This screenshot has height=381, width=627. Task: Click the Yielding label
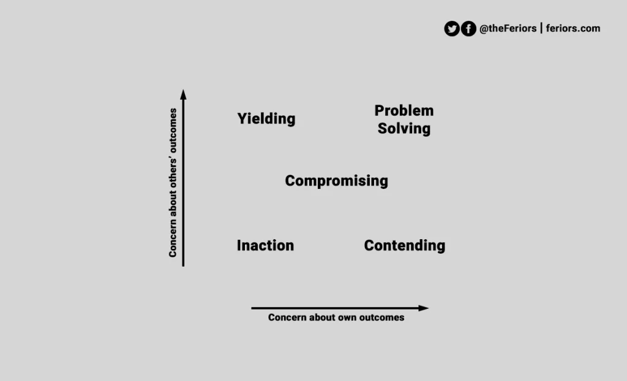click(x=266, y=119)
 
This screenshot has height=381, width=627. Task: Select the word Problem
click(x=404, y=111)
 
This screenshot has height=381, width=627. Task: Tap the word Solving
click(x=404, y=128)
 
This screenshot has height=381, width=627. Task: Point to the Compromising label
click(x=336, y=181)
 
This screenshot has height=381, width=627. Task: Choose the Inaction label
click(x=265, y=245)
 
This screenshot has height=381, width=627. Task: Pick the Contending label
click(x=404, y=245)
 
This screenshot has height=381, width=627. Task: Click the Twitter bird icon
click(x=452, y=29)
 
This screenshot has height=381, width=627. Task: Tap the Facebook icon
click(x=468, y=29)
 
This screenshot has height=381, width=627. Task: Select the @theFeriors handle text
click(x=508, y=28)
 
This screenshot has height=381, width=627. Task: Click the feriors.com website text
click(x=573, y=28)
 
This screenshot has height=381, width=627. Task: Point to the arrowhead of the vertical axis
click(x=183, y=95)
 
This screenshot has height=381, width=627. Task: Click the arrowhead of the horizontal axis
click(x=424, y=308)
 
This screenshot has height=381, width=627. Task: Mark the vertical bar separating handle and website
click(x=541, y=28)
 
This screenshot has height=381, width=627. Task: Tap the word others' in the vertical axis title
click(x=173, y=173)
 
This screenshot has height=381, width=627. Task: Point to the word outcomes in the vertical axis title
click(x=173, y=131)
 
